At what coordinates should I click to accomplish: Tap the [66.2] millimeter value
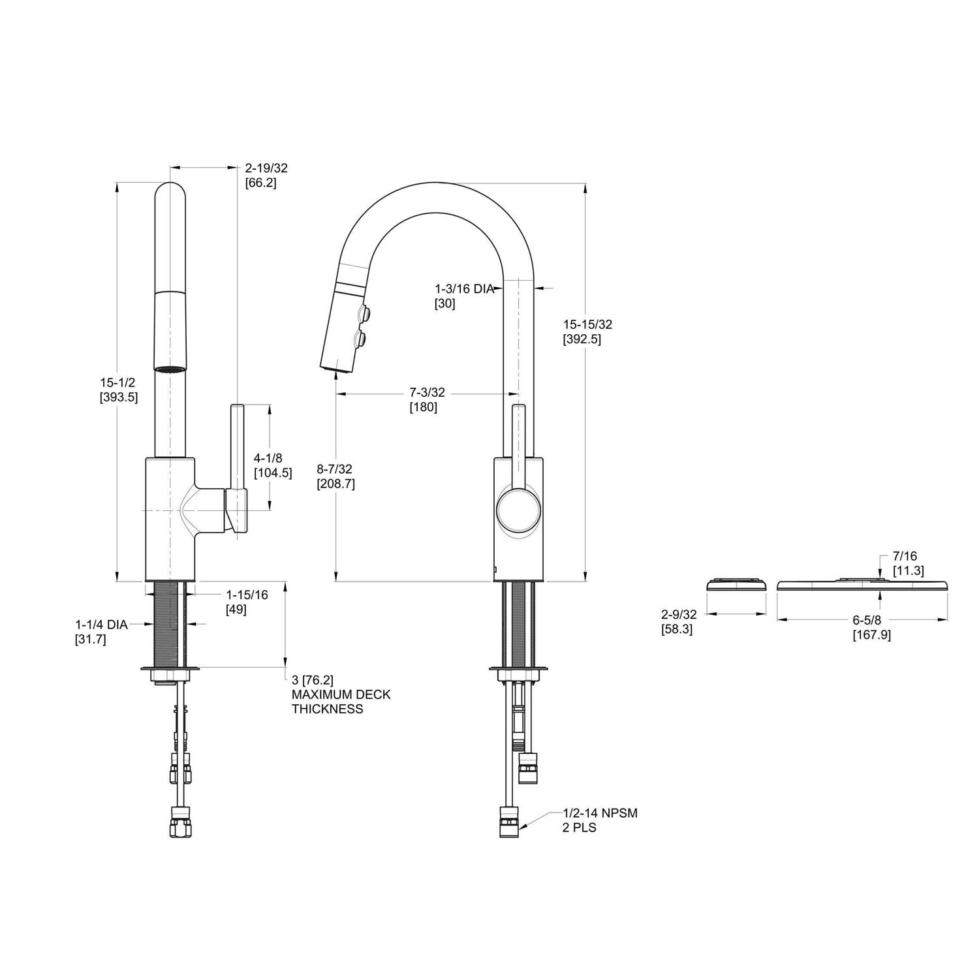pos(260,183)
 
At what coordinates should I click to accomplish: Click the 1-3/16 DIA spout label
pos(464,288)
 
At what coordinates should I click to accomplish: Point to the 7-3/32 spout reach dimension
pos(427,392)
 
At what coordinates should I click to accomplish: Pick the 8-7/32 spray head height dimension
pos(335,469)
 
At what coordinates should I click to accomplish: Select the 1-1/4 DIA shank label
pos(101,625)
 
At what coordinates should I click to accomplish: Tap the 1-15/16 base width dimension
pos(247,595)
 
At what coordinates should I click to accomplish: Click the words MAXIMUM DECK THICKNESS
pos(341,702)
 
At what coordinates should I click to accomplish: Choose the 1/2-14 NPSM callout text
pos(600,813)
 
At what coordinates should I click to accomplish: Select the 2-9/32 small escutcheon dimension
pos(679,614)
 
